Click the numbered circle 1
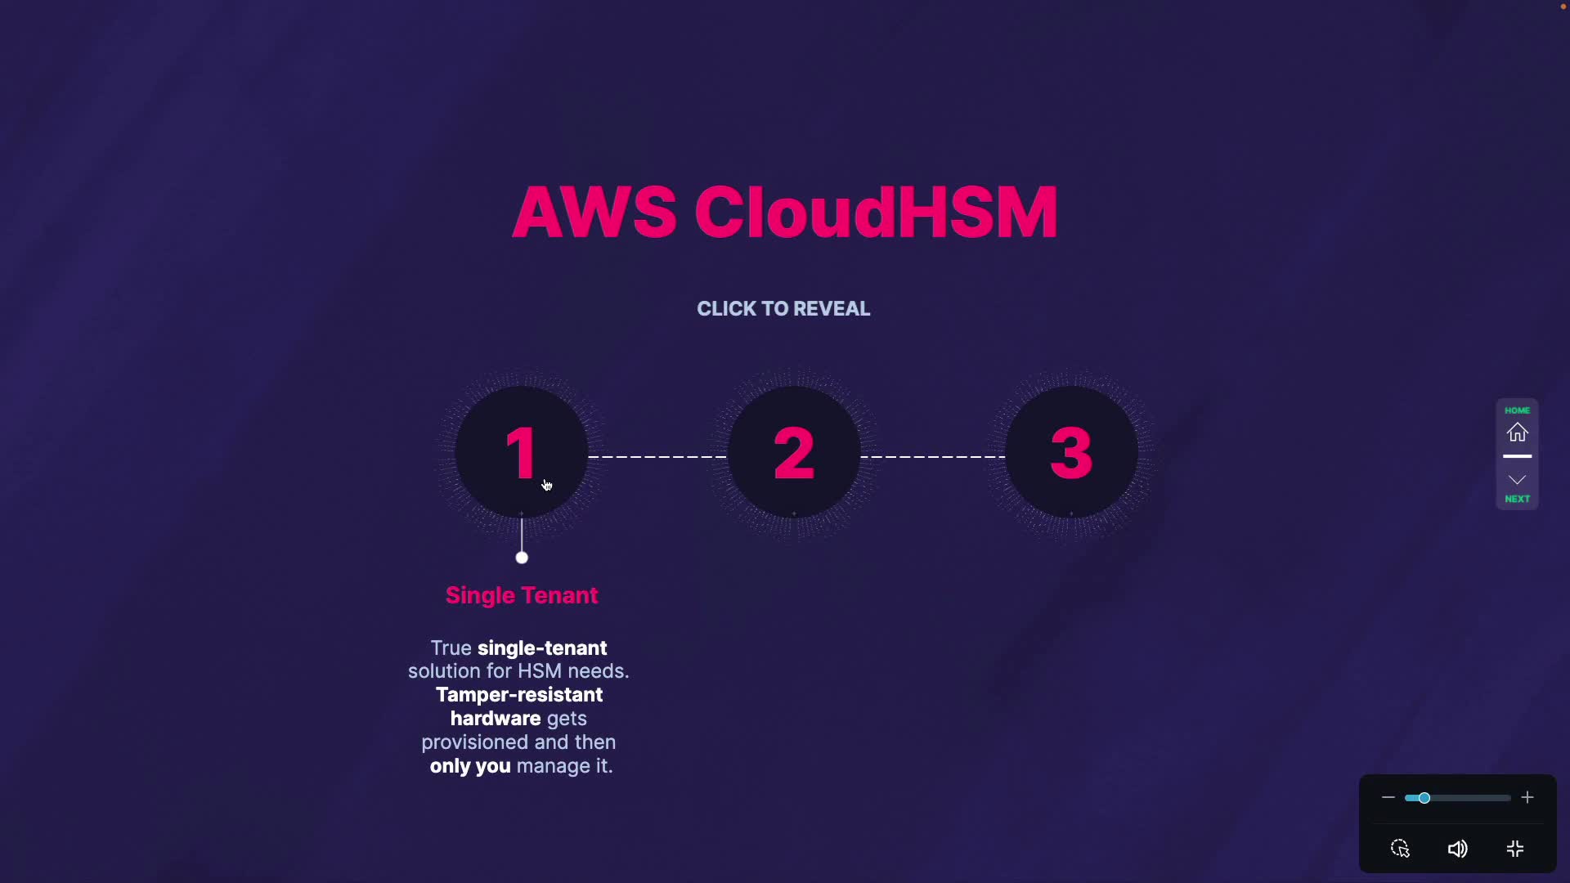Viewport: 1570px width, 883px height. click(x=521, y=452)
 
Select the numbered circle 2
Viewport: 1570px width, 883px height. click(x=793, y=452)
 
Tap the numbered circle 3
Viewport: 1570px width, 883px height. click(x=1071, y=452)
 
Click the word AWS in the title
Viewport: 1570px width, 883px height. click(x=594, y=213)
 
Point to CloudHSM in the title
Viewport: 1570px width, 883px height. click(x=876, y=213)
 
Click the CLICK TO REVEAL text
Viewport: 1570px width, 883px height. click(x=783, y=309)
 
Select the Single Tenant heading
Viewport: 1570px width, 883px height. click(x=522, y=595)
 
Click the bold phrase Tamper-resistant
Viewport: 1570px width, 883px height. click(x=519, y=695)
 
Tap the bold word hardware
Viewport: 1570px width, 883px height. click(x=496, y=719)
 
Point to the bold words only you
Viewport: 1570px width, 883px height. click(x=470, y=766)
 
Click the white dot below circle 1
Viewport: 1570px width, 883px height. click(x=522, y=558)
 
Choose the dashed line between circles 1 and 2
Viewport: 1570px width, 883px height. click(x=657, y=456)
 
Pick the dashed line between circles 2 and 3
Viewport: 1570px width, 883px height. click(x=933, y=456)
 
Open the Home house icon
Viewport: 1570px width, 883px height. click(x=1517, y=432)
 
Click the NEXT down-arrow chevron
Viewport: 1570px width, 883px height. click(x=1517, y=480)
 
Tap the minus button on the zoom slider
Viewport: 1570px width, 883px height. click(x=1388, y=797)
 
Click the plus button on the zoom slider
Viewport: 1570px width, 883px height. click(x=1527, y=797)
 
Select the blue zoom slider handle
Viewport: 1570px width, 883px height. click(x=1424, y=797)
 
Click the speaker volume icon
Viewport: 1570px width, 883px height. click(x=1457, y=849)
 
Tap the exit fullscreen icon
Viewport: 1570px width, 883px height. click(x=1515, y=849)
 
